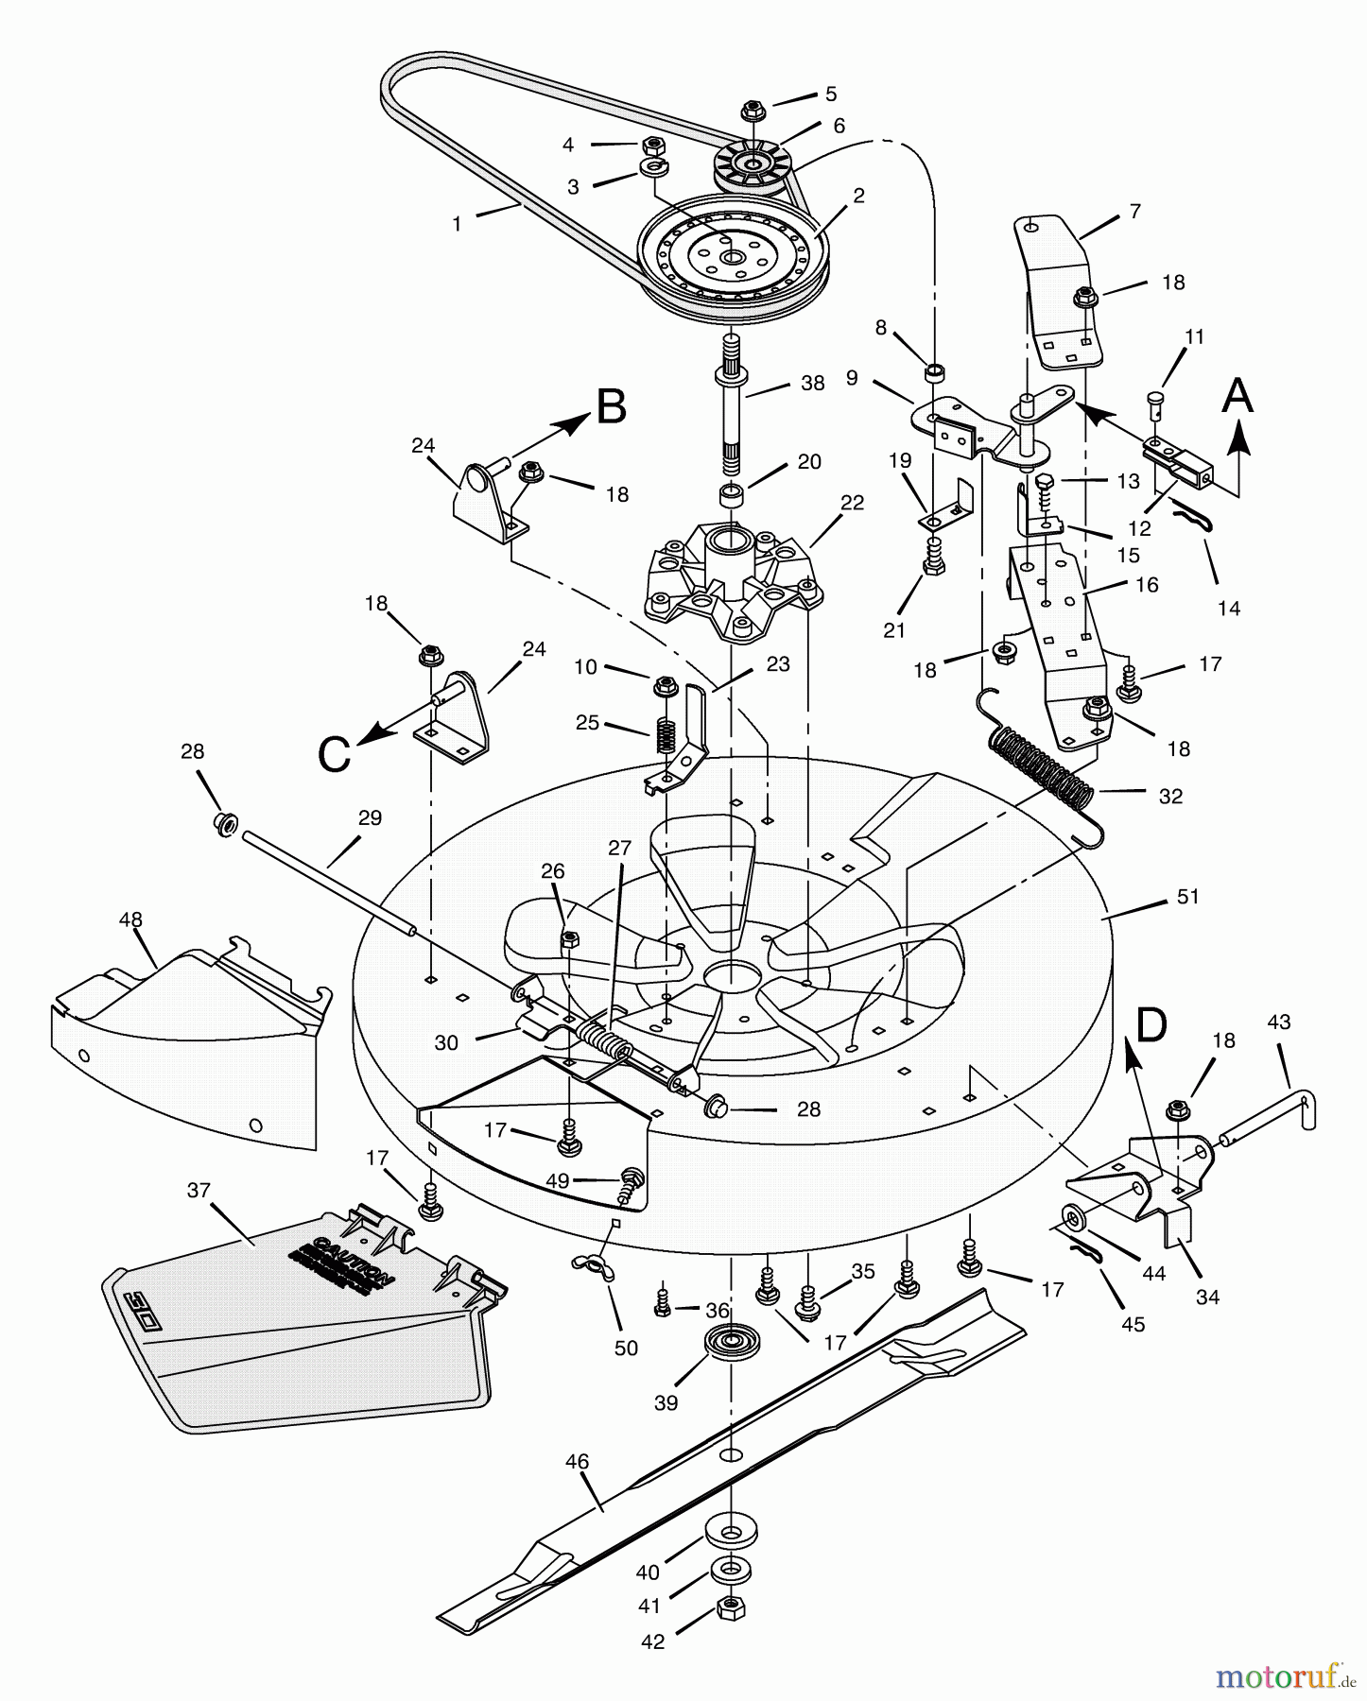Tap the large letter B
click(x=611, y=407)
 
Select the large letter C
click(x=335, y=755)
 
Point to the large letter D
click(x=1151, y=1024)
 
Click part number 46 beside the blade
click(x=577, y=1462)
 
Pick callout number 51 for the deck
click(x=1187, y=896)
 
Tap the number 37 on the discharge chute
click(x=199, y=1190)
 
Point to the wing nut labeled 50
click(x=594, y=1266)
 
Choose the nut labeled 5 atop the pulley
click(x=753, y=110)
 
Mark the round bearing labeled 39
click(x=725, y=1344)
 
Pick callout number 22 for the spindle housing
click(x=852, y=503)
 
